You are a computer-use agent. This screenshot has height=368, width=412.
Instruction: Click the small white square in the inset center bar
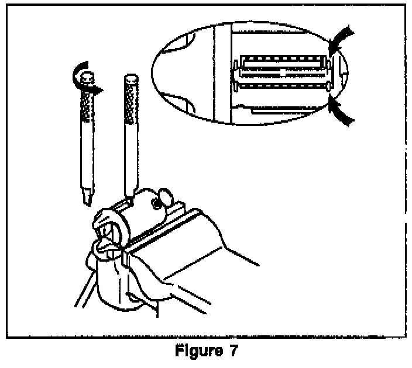pos(284,74)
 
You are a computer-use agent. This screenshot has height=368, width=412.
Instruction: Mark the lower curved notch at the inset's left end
pos(187,102)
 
